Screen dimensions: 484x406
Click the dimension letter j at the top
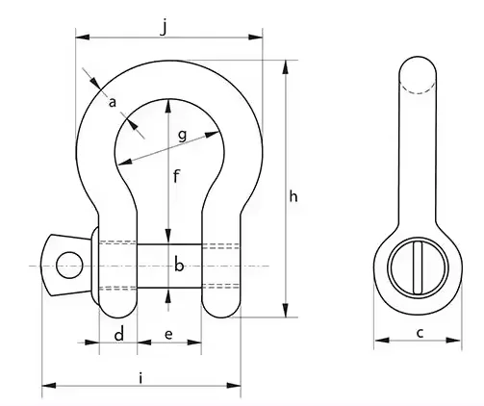164,27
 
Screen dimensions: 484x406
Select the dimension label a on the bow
113,103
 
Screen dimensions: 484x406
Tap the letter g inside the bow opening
182,136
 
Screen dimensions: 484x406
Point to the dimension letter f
176,176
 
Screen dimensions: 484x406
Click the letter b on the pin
179,266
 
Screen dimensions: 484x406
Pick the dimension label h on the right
293,196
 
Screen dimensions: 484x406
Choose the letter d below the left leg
119,335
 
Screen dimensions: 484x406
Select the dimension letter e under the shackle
168,335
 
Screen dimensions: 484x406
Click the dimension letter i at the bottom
140,378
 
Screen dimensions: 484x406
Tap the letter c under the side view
420,333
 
